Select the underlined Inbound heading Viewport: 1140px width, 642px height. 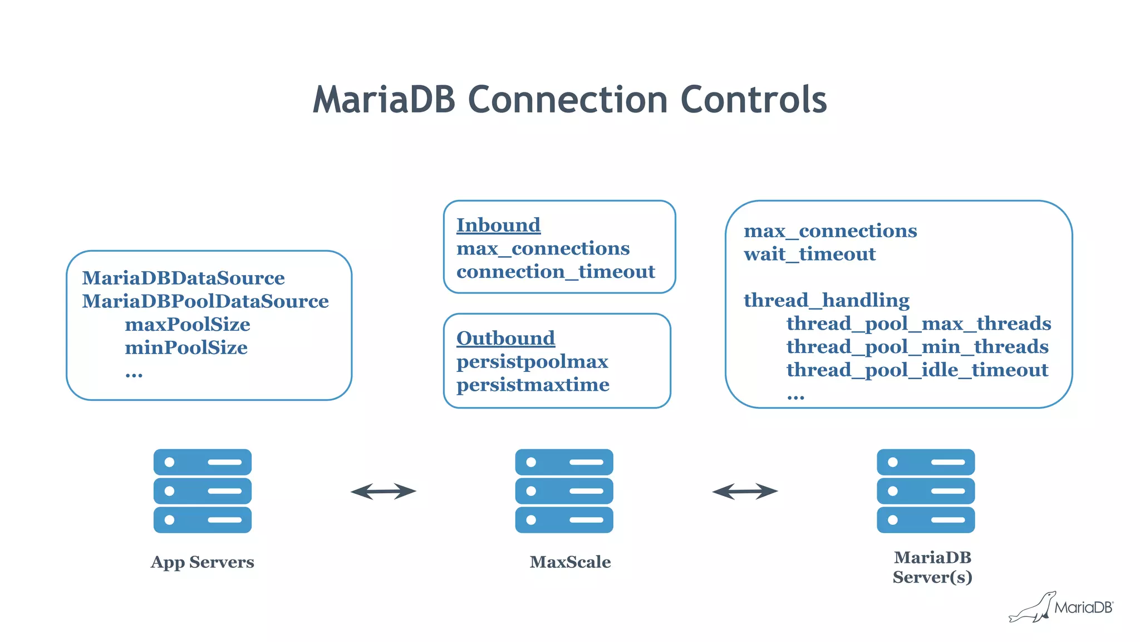(x=498, y=225)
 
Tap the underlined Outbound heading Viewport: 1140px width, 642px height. (x=505, y=338)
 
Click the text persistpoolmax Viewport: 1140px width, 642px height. (x=532, y=362)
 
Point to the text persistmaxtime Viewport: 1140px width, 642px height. (x=533, y=385)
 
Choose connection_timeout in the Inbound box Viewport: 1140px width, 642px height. (x=556, y=272)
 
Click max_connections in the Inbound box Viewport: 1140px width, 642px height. (x=543, y=248)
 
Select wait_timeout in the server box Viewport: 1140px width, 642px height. (x=809, y=254)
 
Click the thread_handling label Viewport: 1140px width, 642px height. (x=826, y=301)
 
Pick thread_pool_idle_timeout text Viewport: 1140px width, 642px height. (x=917, y=370)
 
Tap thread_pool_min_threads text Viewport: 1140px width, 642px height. (x=917, y=347)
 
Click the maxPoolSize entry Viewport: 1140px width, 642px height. (x=187, y=325)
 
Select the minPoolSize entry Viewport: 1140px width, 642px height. (x=186, y=348)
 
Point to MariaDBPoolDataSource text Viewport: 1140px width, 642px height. (x=205, y=301)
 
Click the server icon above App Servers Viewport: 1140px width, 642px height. (x=203, y=491)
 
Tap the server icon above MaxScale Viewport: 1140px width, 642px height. (x=564, y=491)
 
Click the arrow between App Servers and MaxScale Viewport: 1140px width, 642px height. (x=383, y=491)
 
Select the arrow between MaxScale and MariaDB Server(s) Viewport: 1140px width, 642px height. (x=745, y=491)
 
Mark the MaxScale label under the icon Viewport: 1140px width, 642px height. (x=570, y=562)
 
